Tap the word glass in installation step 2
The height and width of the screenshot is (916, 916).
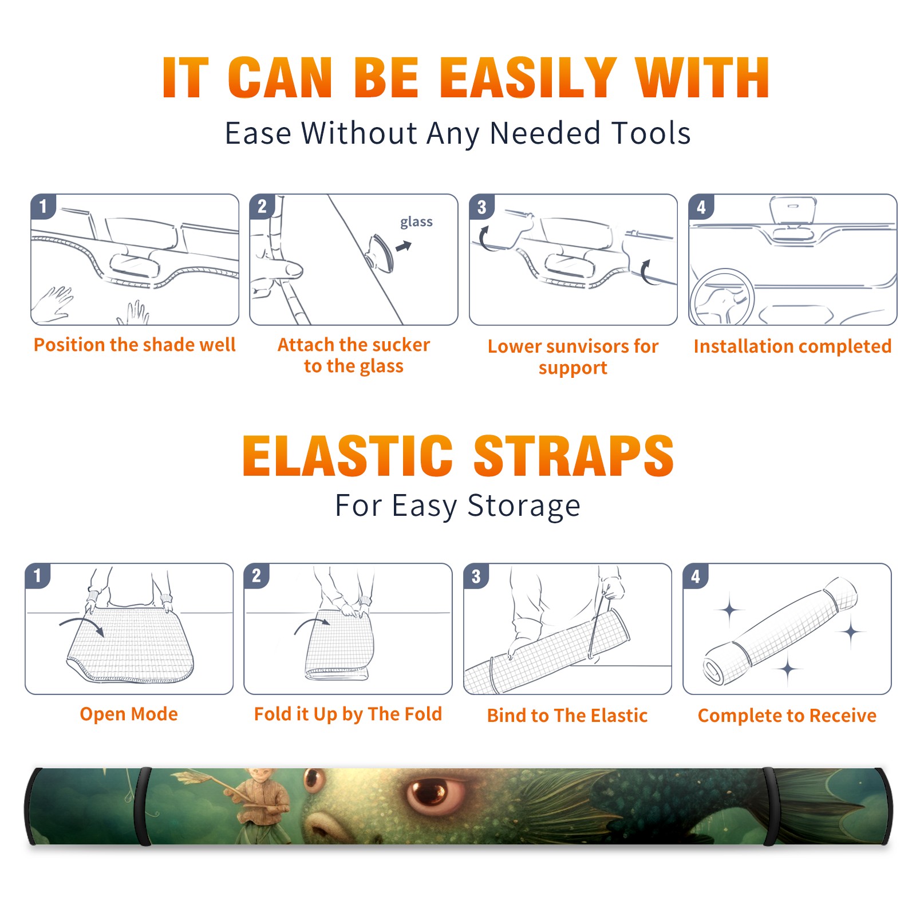pos(416,222)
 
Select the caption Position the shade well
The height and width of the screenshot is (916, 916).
pos(135,345)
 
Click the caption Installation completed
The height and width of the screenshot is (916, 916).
pos(792,346)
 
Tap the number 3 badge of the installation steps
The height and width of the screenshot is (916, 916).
pos(481,207)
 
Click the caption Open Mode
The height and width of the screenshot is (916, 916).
pos(129,714)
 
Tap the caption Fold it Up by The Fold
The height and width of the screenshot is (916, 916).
pos(348,714)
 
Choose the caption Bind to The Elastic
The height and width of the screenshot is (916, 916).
pos(567,715)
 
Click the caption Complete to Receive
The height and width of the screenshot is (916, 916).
pos(787,715)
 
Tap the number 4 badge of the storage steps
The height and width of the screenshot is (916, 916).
pos(696,576)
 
